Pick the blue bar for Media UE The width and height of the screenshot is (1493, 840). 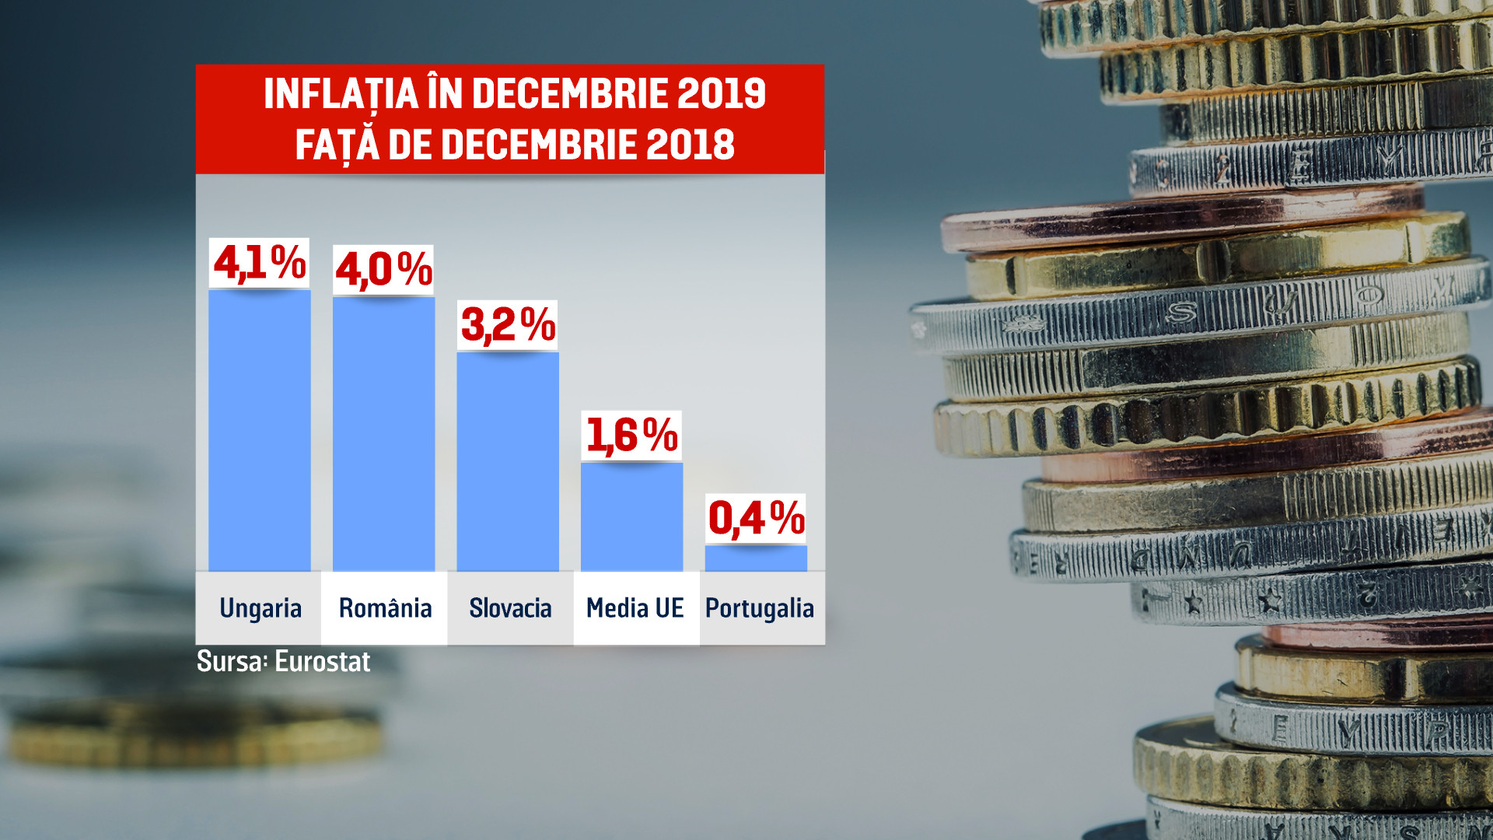(631, 516)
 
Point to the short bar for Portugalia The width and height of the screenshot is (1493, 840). (756, 558)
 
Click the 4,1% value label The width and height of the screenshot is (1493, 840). (260, 263)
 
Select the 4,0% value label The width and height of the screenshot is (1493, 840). (383, 270)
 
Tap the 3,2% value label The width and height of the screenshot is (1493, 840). (508, 325)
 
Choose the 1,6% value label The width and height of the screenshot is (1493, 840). (631, 436)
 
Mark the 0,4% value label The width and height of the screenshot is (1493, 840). (756, 519)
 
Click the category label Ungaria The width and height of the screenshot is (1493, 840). (260, 608)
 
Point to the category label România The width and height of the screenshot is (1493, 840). (385, 608)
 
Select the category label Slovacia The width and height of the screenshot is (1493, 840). (510, 608)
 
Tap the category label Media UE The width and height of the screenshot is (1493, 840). (635, 608)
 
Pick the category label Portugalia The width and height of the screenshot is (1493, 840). (760, 608)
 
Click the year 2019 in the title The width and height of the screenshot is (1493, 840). (721, 94)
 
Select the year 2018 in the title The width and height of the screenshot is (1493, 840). (690, 145)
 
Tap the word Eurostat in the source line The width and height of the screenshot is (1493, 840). (322, 662)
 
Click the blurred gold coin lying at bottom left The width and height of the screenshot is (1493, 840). (194, 735)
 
